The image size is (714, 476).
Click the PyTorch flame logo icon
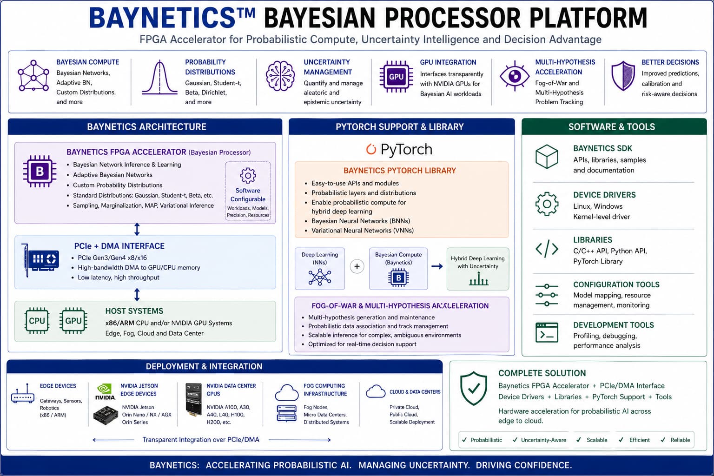pos(370,149)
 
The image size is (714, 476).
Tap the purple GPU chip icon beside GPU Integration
pos(396,77)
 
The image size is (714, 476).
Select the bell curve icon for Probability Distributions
pos(159,78)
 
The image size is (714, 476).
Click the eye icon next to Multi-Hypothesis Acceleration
pos(515,76)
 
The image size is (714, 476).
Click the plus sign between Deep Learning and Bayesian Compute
pos(357,266)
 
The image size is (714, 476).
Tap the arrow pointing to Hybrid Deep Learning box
pos(437,266)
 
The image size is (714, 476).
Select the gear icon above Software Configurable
pos(248,175)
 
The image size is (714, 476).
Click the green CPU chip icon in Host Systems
pos(37,320)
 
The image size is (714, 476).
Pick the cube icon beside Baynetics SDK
pos(547,157)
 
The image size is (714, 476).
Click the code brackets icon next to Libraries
pos(547,249)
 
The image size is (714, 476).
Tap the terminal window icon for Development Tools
pos(547,332)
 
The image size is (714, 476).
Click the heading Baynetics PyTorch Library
pos(400,171)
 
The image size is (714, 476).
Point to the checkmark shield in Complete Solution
pos(474,388)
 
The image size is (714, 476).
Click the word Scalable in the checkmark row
pos(597,440)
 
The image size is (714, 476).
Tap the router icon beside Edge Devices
pos(23,394)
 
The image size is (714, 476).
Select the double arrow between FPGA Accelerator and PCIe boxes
pos(137,229)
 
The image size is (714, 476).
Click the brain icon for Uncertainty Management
pos(280,76)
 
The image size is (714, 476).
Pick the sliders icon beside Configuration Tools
pos(547,295)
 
